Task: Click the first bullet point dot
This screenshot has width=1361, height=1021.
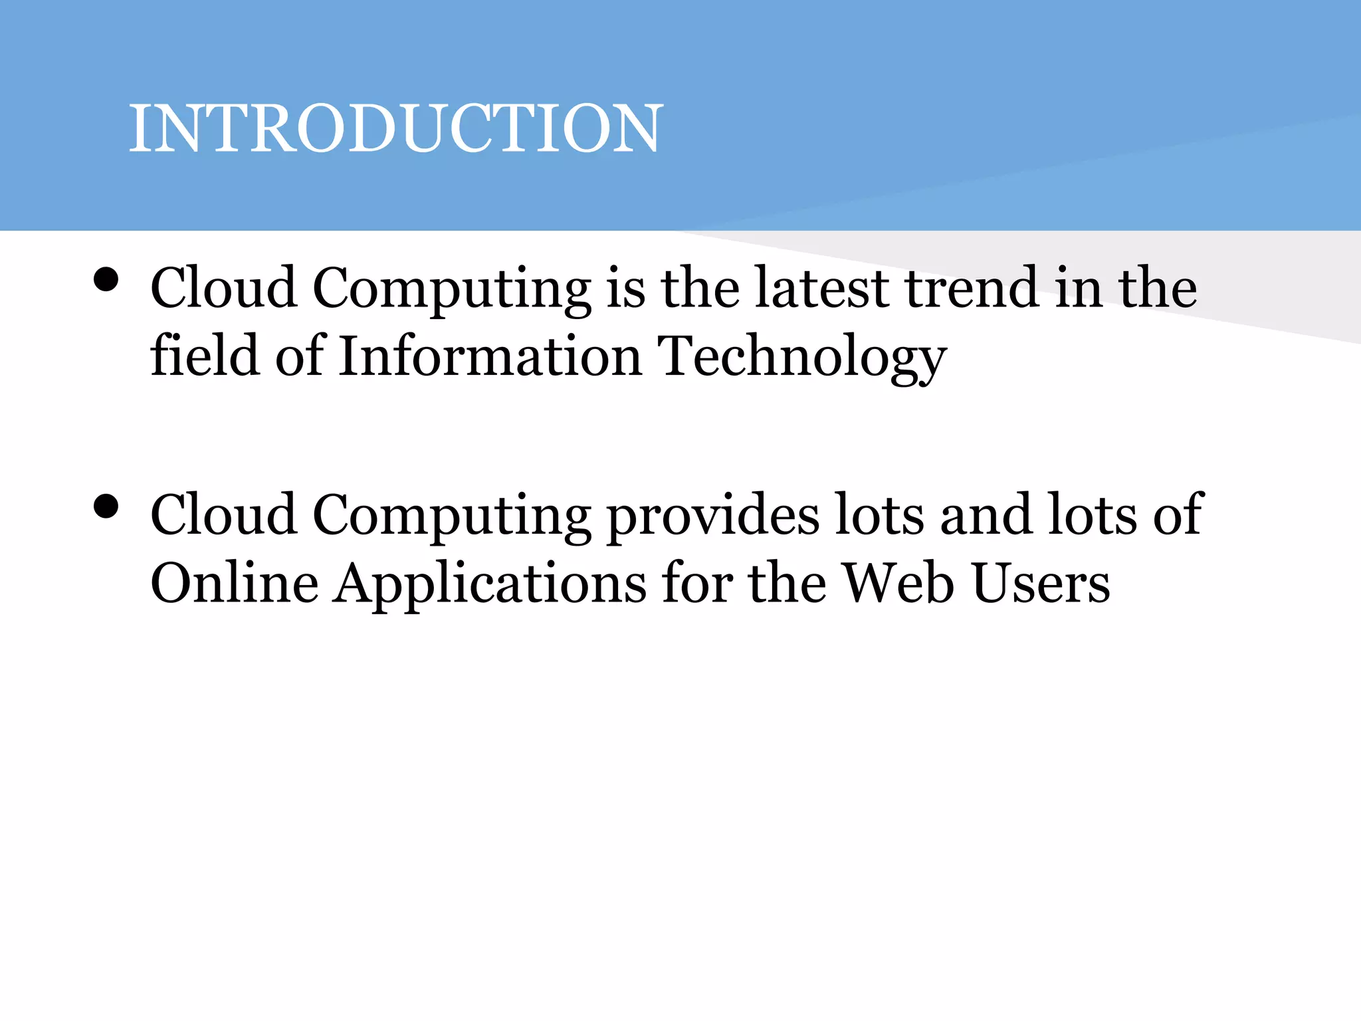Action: click(x=106, y=280)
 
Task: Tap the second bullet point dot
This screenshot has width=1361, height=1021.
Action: click(x=106, y=507)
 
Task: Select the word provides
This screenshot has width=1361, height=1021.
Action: click(x=713, y=517)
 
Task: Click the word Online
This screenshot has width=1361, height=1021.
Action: click(x=235, y=583)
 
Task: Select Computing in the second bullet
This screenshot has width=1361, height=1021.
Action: click(x=452, y=517)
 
